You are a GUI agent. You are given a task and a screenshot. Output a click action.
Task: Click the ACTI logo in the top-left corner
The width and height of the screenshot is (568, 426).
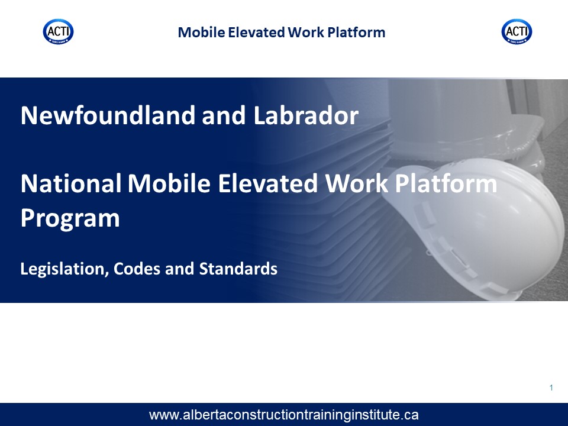tap(59, 32)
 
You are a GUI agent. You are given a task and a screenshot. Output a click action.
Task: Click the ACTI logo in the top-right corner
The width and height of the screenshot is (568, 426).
tap(517, 32)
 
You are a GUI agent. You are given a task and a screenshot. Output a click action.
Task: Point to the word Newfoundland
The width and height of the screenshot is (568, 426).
tap(108, 115)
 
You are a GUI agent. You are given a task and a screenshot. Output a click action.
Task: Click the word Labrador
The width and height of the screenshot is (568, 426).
tap(306, 115)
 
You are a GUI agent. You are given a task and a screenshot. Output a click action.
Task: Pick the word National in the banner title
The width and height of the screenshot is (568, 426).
tap(71, 183)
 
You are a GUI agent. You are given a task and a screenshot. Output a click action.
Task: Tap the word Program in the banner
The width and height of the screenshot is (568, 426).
tap(70, 218)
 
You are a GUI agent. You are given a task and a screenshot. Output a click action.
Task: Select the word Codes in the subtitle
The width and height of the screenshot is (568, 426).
tap(137, 269)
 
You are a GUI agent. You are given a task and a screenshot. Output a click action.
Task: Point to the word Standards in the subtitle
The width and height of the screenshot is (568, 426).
tap(238, 269)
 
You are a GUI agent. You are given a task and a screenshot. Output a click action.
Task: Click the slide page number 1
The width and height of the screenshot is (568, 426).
tap(551, 388)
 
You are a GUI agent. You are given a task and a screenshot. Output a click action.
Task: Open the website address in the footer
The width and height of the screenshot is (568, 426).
tap(283, 415)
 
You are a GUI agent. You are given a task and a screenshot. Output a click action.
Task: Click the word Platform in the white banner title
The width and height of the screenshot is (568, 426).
tap(446, 183)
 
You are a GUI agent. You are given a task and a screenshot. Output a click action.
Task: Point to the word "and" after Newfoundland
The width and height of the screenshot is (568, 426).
tap(224, 115)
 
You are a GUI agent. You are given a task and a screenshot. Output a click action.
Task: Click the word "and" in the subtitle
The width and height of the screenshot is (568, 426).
tap(180, 269)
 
